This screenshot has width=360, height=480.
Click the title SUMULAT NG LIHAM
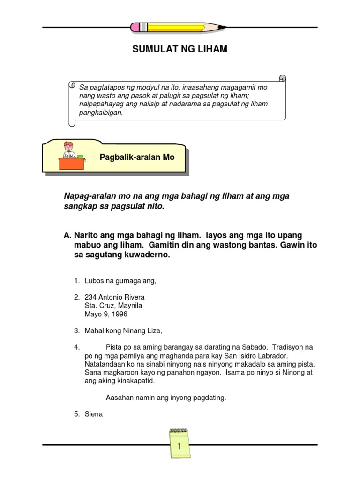(180, 49)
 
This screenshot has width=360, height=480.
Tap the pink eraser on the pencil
(136, 27)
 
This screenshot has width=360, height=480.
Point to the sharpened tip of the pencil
(224, 27)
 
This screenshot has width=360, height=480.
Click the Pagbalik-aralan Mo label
(137, 157)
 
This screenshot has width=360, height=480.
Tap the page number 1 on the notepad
(180, 447)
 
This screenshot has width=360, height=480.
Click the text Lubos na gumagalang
(120, 281)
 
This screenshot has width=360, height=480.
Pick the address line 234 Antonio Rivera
(114, 297)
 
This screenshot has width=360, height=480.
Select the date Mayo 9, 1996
(105, 314)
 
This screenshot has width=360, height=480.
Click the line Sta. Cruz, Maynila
(113, 306)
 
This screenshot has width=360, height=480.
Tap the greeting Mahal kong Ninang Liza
(123, 330)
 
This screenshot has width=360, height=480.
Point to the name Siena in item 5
(93, 414)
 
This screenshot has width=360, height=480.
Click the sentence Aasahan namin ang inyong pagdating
(166, 397)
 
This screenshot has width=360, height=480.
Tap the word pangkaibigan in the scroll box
(100, 112)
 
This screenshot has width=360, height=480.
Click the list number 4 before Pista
(76, 347)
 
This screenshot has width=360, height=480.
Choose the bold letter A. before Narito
(67, 234)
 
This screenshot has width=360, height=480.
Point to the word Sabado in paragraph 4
(244, 347)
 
